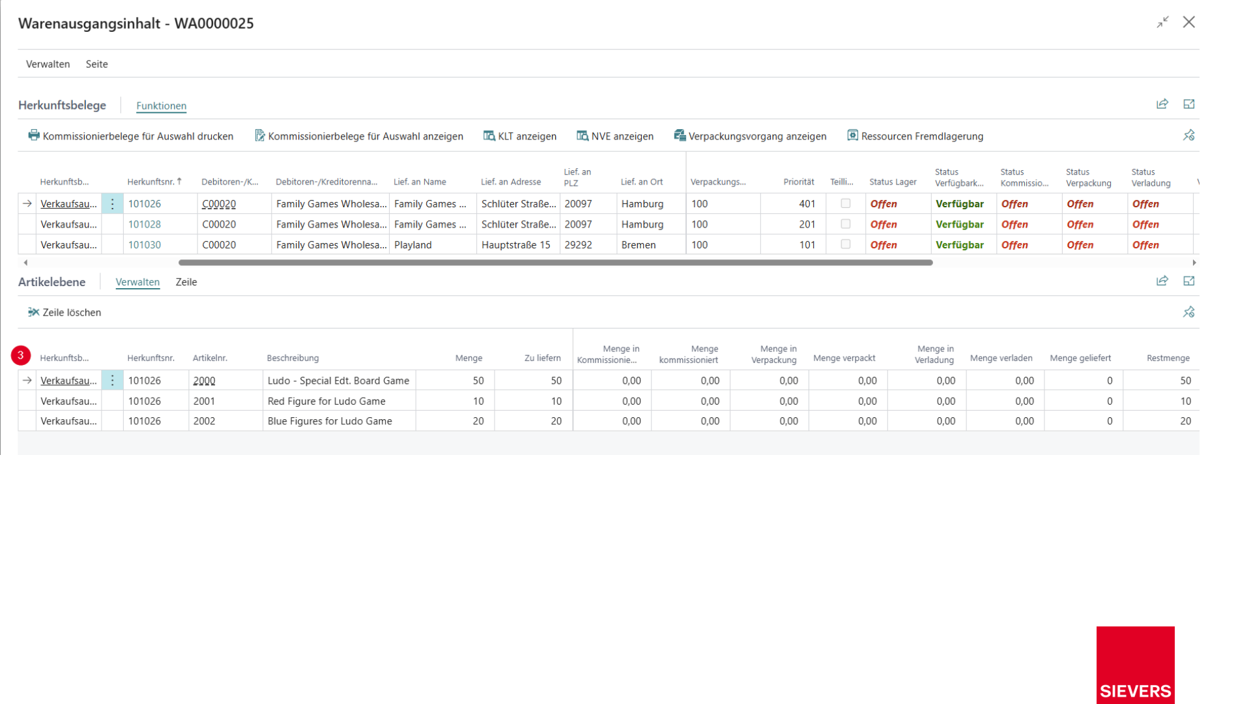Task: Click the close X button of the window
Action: point(1188,22)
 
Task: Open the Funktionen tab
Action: point(161,106)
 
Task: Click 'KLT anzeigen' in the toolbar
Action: point(519,136)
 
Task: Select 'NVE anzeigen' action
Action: point(614,136)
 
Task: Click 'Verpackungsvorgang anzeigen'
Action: point(750,136)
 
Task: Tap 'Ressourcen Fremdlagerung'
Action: point(915,136)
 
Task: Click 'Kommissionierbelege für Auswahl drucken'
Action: point(130,136)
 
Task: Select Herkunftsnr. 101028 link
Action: point(144,224)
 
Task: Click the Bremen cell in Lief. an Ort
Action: point(639,245)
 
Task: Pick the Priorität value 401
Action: point(807,204)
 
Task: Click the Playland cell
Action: point(413,245)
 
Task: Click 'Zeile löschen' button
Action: point(65,312)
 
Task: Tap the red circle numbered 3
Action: point(21,355)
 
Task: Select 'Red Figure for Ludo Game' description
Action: point(326,401)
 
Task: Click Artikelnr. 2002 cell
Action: point(204,421)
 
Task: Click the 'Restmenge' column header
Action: point(1168,358)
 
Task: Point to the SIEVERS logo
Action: point(1135,665)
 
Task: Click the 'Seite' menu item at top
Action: point(96,64)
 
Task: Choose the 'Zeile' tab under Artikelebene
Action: point(186,282)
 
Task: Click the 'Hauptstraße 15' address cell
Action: point(516,245)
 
